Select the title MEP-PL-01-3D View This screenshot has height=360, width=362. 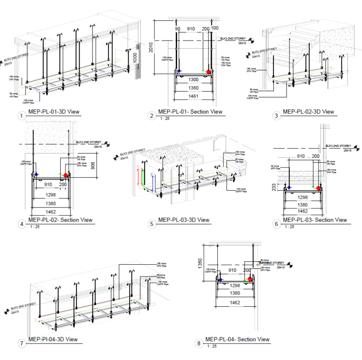[x=54, y=112]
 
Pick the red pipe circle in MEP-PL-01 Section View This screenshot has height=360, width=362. [x=208, y=72]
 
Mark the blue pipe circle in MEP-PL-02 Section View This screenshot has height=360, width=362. [x=36, y=174]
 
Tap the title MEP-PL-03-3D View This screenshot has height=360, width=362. [x=184, y=220]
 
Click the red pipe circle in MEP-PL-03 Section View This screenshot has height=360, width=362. [x=319, y=188]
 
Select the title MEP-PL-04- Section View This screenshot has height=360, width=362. [x=238, y=339]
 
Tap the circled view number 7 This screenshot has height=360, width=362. [x=21, y=343]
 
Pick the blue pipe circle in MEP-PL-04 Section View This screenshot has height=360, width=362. [x=220, y=280]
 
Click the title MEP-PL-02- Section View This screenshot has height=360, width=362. [x=60, y=220]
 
